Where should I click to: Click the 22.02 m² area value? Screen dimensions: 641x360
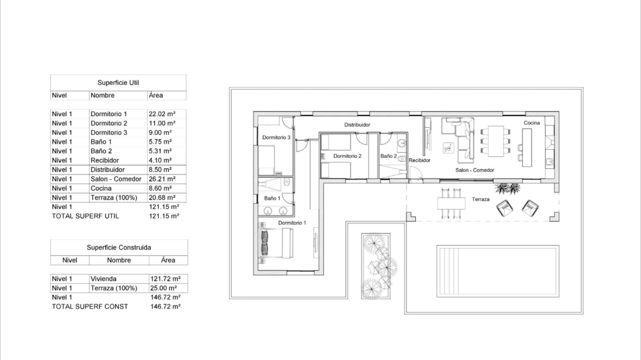coord(162,114)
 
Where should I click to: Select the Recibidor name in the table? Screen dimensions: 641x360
coord(105,161)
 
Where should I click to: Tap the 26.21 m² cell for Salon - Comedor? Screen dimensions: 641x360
coord(162,179)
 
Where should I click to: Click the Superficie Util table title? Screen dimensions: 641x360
coord(118,83)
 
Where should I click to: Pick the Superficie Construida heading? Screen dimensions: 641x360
coord(119,247)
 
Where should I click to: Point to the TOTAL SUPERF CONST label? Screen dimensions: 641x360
coord(90,306)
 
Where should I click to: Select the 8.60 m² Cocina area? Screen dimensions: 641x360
coord(161,188)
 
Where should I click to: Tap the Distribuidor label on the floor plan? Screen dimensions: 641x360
coord(357,125)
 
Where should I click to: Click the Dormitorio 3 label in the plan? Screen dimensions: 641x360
coord(277,138)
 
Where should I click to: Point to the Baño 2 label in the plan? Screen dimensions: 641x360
coord(389,156)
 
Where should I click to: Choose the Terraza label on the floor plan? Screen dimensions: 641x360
coord(480,199)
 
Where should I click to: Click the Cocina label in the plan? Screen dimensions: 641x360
coord(532,123)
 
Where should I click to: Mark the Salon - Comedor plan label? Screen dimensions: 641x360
coord(475,170)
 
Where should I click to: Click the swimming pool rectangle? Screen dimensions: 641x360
coord(498,271)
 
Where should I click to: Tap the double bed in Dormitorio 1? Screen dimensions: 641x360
coord(277,243)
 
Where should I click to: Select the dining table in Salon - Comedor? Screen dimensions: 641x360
coord(495,141)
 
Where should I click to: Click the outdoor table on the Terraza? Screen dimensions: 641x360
coord(452,203)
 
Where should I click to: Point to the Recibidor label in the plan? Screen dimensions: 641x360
coord(419,161)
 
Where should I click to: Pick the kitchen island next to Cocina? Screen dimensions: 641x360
coord(527,148)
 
